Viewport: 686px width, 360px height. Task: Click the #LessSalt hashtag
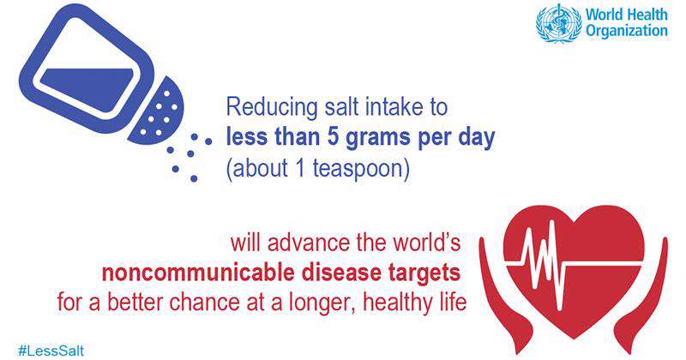[51, 351]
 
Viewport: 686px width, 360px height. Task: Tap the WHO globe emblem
[559, 23]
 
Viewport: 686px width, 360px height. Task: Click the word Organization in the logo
[627, 32]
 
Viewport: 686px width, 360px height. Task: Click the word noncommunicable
[198, 272]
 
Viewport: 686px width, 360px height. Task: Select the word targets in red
[424, 273]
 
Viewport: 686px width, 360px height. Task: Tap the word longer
[322, 303]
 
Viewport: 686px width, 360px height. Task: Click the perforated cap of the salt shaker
[159, 111]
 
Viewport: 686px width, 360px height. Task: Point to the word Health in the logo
[648, 14]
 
